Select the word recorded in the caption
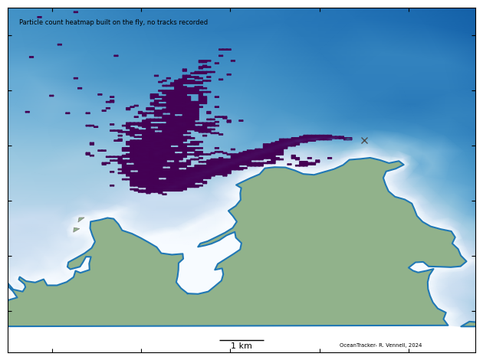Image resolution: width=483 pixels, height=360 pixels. [x=193, y=22]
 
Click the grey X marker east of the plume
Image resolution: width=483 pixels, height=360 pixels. [x=364, y=140]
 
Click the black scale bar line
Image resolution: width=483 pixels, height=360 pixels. [x=242, y=340]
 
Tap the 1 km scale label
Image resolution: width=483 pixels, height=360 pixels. [x=242, y=346]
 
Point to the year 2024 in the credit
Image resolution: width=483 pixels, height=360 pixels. [x=415, y=345]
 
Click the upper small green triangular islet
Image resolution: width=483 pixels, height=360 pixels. [x=80, y=220]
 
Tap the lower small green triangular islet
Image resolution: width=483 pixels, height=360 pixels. [x=76, y=229]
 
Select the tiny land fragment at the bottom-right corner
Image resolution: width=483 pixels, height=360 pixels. [x=468, y=324]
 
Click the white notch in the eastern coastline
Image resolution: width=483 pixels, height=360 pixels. [x=419, y=267]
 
